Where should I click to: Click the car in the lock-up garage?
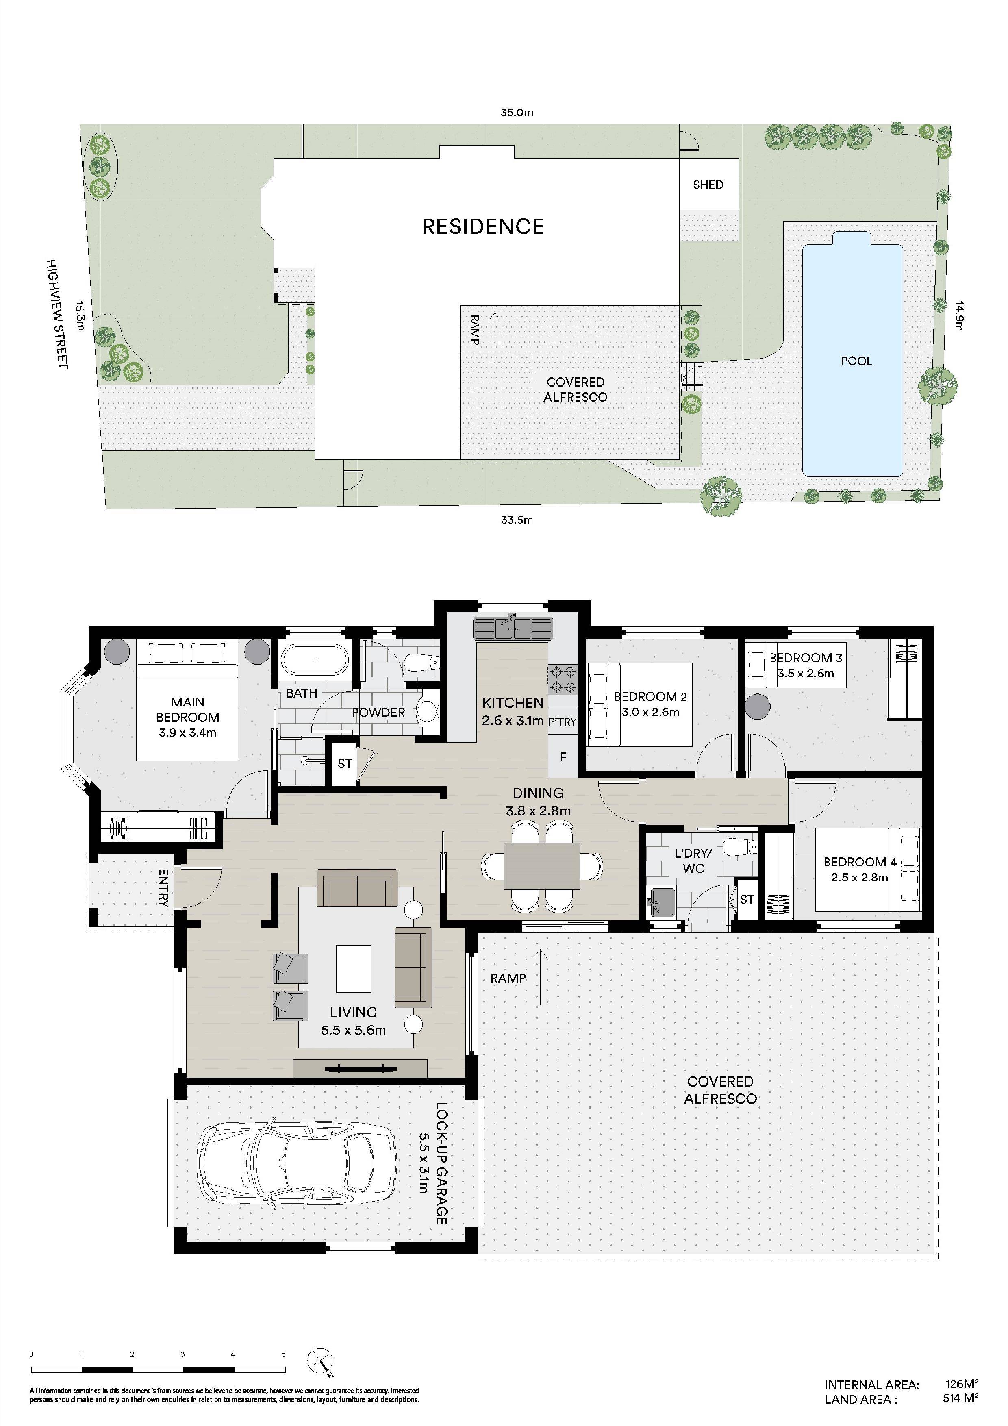click(x=297, y=1165)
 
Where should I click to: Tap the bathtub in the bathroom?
click(x=315, y=660)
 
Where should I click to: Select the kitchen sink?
click(x=513, y=628)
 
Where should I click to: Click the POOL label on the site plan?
click(x=856, y=361)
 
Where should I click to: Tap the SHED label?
click(x=708, y=185)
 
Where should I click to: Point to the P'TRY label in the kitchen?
click(x=562, y=722)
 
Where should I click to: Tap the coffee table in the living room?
click(x=353, y=968)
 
